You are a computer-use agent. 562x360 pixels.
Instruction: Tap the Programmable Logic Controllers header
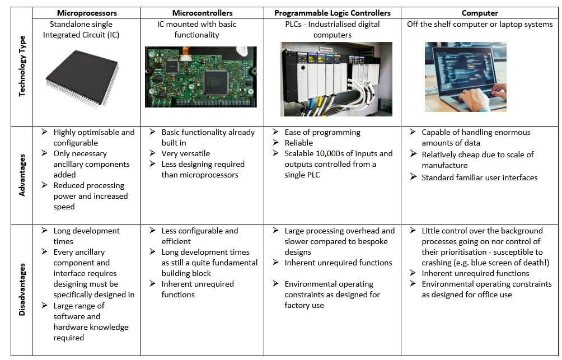pos(332,12)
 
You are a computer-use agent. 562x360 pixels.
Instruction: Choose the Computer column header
pos(481,12)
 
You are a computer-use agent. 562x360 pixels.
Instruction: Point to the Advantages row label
pos(22,175)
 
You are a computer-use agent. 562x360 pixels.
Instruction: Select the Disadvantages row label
pos(22,290)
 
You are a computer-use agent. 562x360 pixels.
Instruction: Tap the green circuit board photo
pos(200,77)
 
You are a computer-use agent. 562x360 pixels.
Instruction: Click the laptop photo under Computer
pos(465,77)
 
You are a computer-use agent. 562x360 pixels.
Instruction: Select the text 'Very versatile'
pos(186,153)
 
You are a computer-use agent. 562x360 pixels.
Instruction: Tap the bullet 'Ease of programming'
pos(322,132)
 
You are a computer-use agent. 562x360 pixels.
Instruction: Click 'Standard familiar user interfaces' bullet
pos(479,177)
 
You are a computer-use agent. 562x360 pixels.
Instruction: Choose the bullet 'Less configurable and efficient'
pos(199,236)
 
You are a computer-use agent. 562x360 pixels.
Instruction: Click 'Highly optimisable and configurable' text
pos(93,137)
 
